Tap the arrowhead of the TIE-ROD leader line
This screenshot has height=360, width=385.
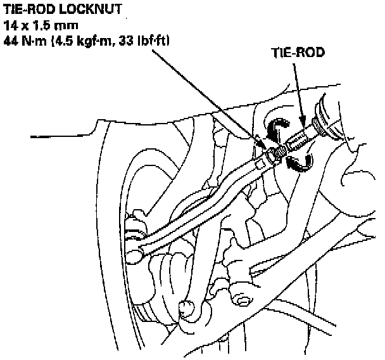(303, 122)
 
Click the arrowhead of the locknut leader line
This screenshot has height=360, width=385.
(260, 141)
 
